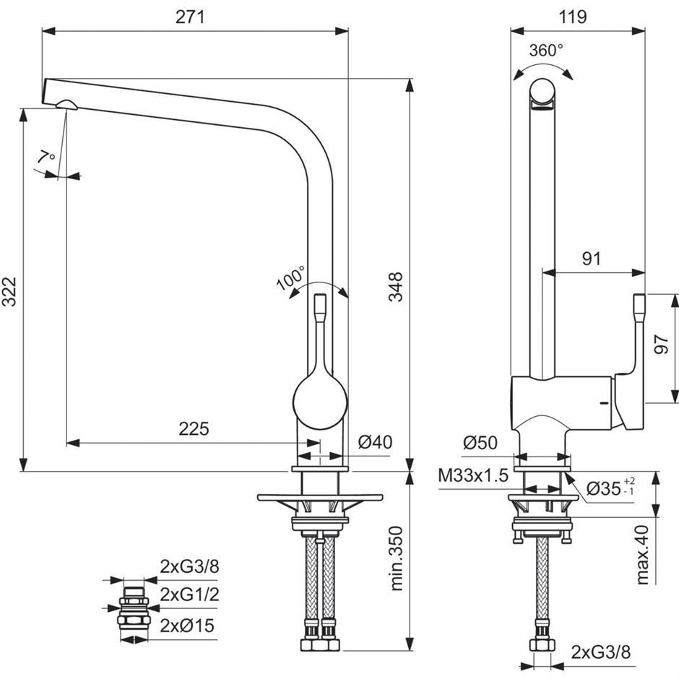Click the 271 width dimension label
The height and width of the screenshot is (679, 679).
(190, 17)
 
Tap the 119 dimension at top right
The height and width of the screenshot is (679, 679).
(573, 17)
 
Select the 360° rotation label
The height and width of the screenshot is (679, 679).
(547, 51)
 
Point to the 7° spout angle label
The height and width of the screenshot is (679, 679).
(46, 156)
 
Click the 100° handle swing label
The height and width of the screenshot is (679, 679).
(291, 278)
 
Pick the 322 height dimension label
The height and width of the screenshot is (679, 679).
(9, 291)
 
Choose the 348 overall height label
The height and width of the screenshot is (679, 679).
(395, 287)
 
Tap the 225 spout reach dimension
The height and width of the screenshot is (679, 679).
(194, 428)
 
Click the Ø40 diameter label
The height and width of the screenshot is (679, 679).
(375, 442)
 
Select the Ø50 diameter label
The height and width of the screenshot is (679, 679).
(480, 443)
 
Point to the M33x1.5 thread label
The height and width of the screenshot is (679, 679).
(473, 476)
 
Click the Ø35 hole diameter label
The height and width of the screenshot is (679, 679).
(610, 488)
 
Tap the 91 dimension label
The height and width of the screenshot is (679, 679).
(592, 259)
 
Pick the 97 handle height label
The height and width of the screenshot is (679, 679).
(661, 345)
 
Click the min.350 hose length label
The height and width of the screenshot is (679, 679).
(396, 558)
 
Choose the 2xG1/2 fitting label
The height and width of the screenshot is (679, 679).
(190, 594)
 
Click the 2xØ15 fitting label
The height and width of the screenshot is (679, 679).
(187, 626)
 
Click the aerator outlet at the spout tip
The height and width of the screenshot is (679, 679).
(66, 104)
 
